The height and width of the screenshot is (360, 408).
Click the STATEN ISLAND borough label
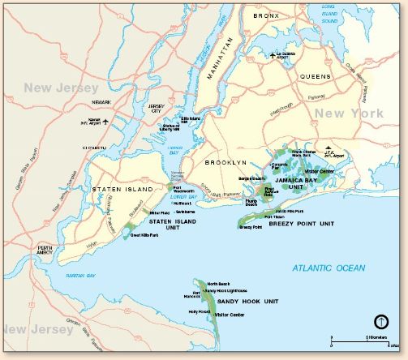click(x=124, y=188)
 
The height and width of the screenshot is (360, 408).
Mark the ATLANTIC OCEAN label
click(x=329, y=268)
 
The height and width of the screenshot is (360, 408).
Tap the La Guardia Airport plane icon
click(x=274, y=55)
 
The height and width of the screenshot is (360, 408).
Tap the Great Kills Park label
click(x=146, y=236)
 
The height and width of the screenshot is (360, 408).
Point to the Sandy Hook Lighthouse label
click(x=226, y=289)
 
